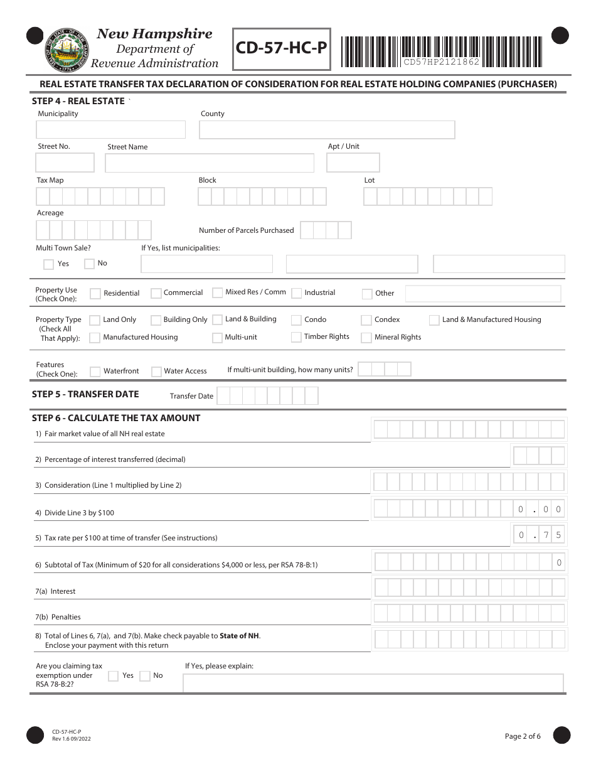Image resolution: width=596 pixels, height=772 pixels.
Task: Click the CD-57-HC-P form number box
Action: [282, 48]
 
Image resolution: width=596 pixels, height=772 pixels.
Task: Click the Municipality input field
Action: [111, 130]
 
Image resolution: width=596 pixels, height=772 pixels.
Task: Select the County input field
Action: [327, 130]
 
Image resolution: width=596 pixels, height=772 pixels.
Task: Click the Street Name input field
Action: [210, 163]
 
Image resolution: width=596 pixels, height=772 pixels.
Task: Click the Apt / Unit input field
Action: [353, 163]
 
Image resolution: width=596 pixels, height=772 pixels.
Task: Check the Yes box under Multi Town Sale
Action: [48, 264]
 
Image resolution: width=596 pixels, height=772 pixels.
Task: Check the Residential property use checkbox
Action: [95, 293]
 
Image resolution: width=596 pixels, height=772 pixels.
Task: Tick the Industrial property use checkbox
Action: [296, 293]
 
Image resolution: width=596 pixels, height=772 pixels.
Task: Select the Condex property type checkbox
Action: [366, 320]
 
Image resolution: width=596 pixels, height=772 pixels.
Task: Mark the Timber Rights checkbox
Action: [296, 337]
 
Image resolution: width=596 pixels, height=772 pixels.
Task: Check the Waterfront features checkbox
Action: [95, 372]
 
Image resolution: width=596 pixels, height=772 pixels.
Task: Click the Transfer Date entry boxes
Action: [268, 396]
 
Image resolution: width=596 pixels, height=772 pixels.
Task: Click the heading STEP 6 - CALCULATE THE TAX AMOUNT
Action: [116, 418]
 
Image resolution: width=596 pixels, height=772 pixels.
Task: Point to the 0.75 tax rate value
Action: [540, 535]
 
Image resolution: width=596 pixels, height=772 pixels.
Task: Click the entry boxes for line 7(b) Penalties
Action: [470, 613]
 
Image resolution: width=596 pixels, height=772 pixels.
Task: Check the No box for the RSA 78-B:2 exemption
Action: [145, 676]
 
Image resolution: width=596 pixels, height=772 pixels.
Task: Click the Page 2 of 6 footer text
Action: [523, 736]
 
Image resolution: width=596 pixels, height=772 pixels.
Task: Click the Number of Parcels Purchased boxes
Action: [326, 230]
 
